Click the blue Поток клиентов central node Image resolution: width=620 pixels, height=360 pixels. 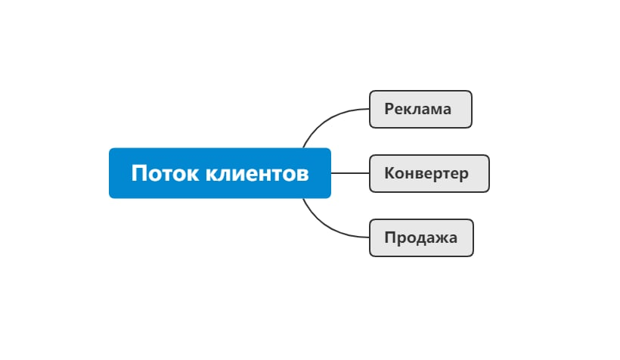[219, 173]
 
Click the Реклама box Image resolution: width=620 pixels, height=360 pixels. [420, 109]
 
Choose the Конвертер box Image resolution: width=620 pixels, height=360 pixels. [429, 173]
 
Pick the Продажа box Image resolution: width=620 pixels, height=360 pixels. [421, 237]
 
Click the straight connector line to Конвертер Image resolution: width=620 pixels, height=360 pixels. [349, 173]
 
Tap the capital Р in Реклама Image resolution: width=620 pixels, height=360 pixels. [389, 109]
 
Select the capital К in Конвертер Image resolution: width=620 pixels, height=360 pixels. [389, 173]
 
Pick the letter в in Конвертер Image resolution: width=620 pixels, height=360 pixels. [419, 173]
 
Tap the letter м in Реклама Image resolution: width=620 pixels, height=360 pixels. [434, 109]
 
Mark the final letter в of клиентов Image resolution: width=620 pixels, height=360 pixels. [302, 174]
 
